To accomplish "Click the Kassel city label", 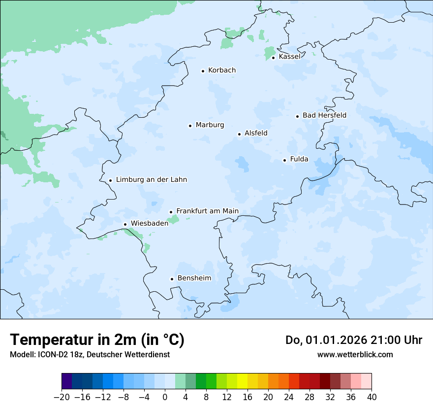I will [x=289, y=57].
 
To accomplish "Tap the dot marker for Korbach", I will [x=203, y=71].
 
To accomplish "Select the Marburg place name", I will [x=210, y=125].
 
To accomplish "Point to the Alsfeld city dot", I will [x=239, y=134].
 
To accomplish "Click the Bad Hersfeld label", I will [x=324, y=115].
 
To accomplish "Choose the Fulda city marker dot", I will [x=284, y=160].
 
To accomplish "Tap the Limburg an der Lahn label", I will [x=151, y=180].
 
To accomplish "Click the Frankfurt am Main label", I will [x=207, y=211].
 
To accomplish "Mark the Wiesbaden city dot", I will [x=125, y=224].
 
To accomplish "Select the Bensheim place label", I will [x=194, y=278].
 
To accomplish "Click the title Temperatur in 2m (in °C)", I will [x=97, y=340].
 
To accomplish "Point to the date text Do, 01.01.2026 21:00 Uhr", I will [x=353, y=340].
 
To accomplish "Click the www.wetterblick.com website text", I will [x=355, y=354].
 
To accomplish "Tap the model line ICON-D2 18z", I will [x=90, y=354].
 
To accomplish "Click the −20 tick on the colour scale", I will [x=62, y=397].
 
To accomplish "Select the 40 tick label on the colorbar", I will [x=371, y=397].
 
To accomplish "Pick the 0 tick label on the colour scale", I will [x=165, y=397].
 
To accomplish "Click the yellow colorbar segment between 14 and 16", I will [x=242, y=381].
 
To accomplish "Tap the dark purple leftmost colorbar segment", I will [x=66, y=381].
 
